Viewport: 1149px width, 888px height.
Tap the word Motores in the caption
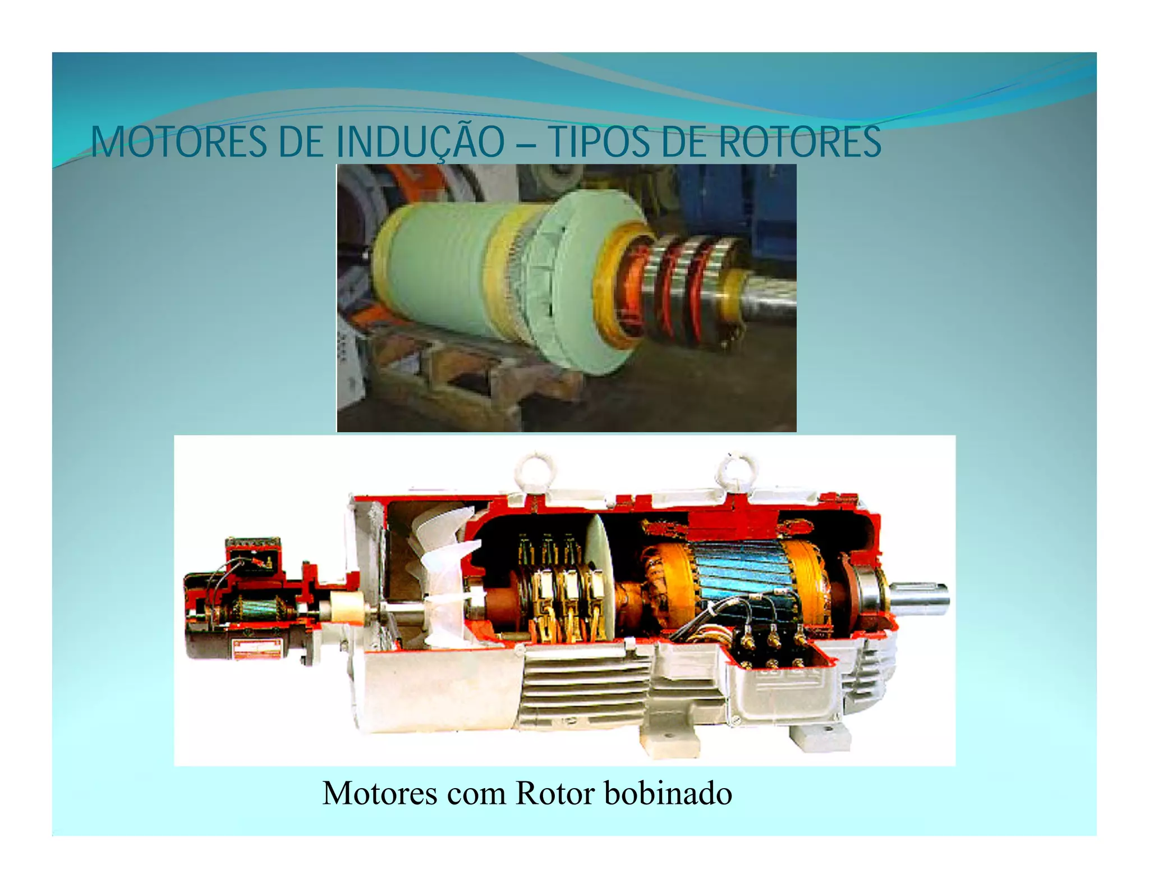(x=380, y=793)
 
